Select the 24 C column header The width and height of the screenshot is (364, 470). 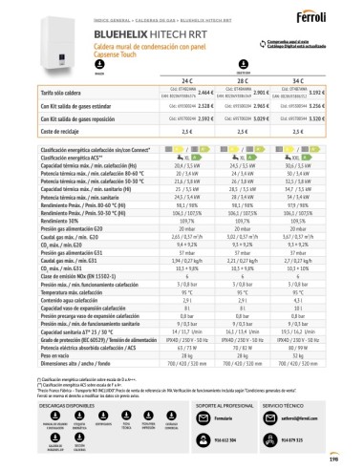coord(179,79)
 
